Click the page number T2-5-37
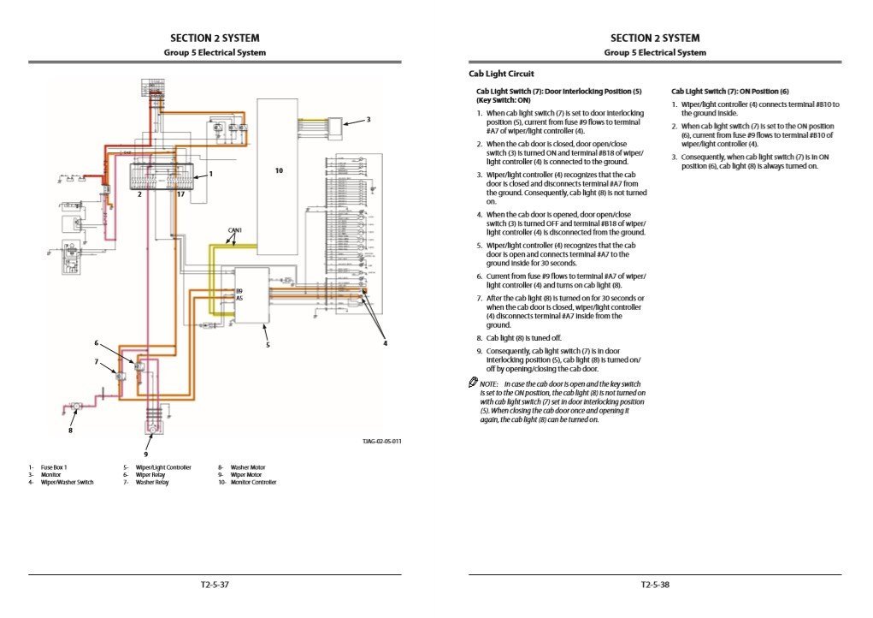pyautogui.click(x=215, y=585)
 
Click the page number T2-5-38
pyautogui.click(x=655, y=585)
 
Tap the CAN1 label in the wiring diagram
pyautogui.click(x=235, y=230)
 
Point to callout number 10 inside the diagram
pyautogui.click(x=279, y=171)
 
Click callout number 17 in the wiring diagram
pyautogui.click(x=180, y=194)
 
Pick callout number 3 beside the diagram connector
pyautogui.click(x=369, y=120)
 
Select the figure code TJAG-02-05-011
pyautogui.click(x=382, y=441)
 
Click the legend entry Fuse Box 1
pyautogui.click(x=53, y=467)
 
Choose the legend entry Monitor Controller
pyautogui.click(x=251, y=483)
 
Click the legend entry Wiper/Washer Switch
pyautogui.click(x=67, y=483)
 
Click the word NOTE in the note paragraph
pyautogui.click(x=489, y=384)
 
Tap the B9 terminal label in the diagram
pyautogui.click(x=239, y=291)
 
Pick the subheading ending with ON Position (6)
pyautogui.click(x=730, y=92)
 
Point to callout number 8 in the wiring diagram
pyautogui.click(x=70, y=431)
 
